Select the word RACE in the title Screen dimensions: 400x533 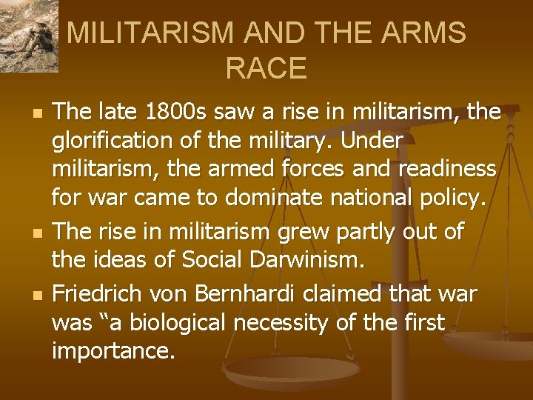pos(266,68)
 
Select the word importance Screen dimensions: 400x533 pos(113,352)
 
